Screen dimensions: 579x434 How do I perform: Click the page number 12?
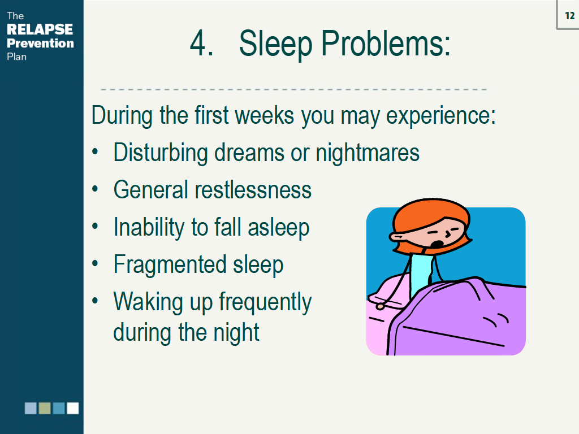tap(570, 15)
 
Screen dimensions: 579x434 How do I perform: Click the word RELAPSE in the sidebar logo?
tap(40, 29)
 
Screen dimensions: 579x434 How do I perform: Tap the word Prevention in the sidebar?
tap(40, 43)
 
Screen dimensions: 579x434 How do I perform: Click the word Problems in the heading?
tap(386, 43)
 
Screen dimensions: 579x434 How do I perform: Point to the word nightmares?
tap(368, 153)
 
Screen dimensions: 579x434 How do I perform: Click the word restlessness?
tap(253, 190)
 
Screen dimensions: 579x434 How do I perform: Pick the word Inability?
tap(149, 227)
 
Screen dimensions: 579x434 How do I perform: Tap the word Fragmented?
tap(170, 264)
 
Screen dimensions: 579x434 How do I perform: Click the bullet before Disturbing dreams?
tap(95, 151)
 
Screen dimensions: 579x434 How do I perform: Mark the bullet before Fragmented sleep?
tap(95, 263)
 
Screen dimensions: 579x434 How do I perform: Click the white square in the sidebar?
tap(73, 408)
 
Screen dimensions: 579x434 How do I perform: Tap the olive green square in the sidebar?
tap(45, 408)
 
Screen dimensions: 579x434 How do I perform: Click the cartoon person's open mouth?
tap(438, 244)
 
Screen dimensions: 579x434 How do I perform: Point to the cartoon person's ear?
tap(396, 237)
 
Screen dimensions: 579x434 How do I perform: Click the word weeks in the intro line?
tap(265, 115)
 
